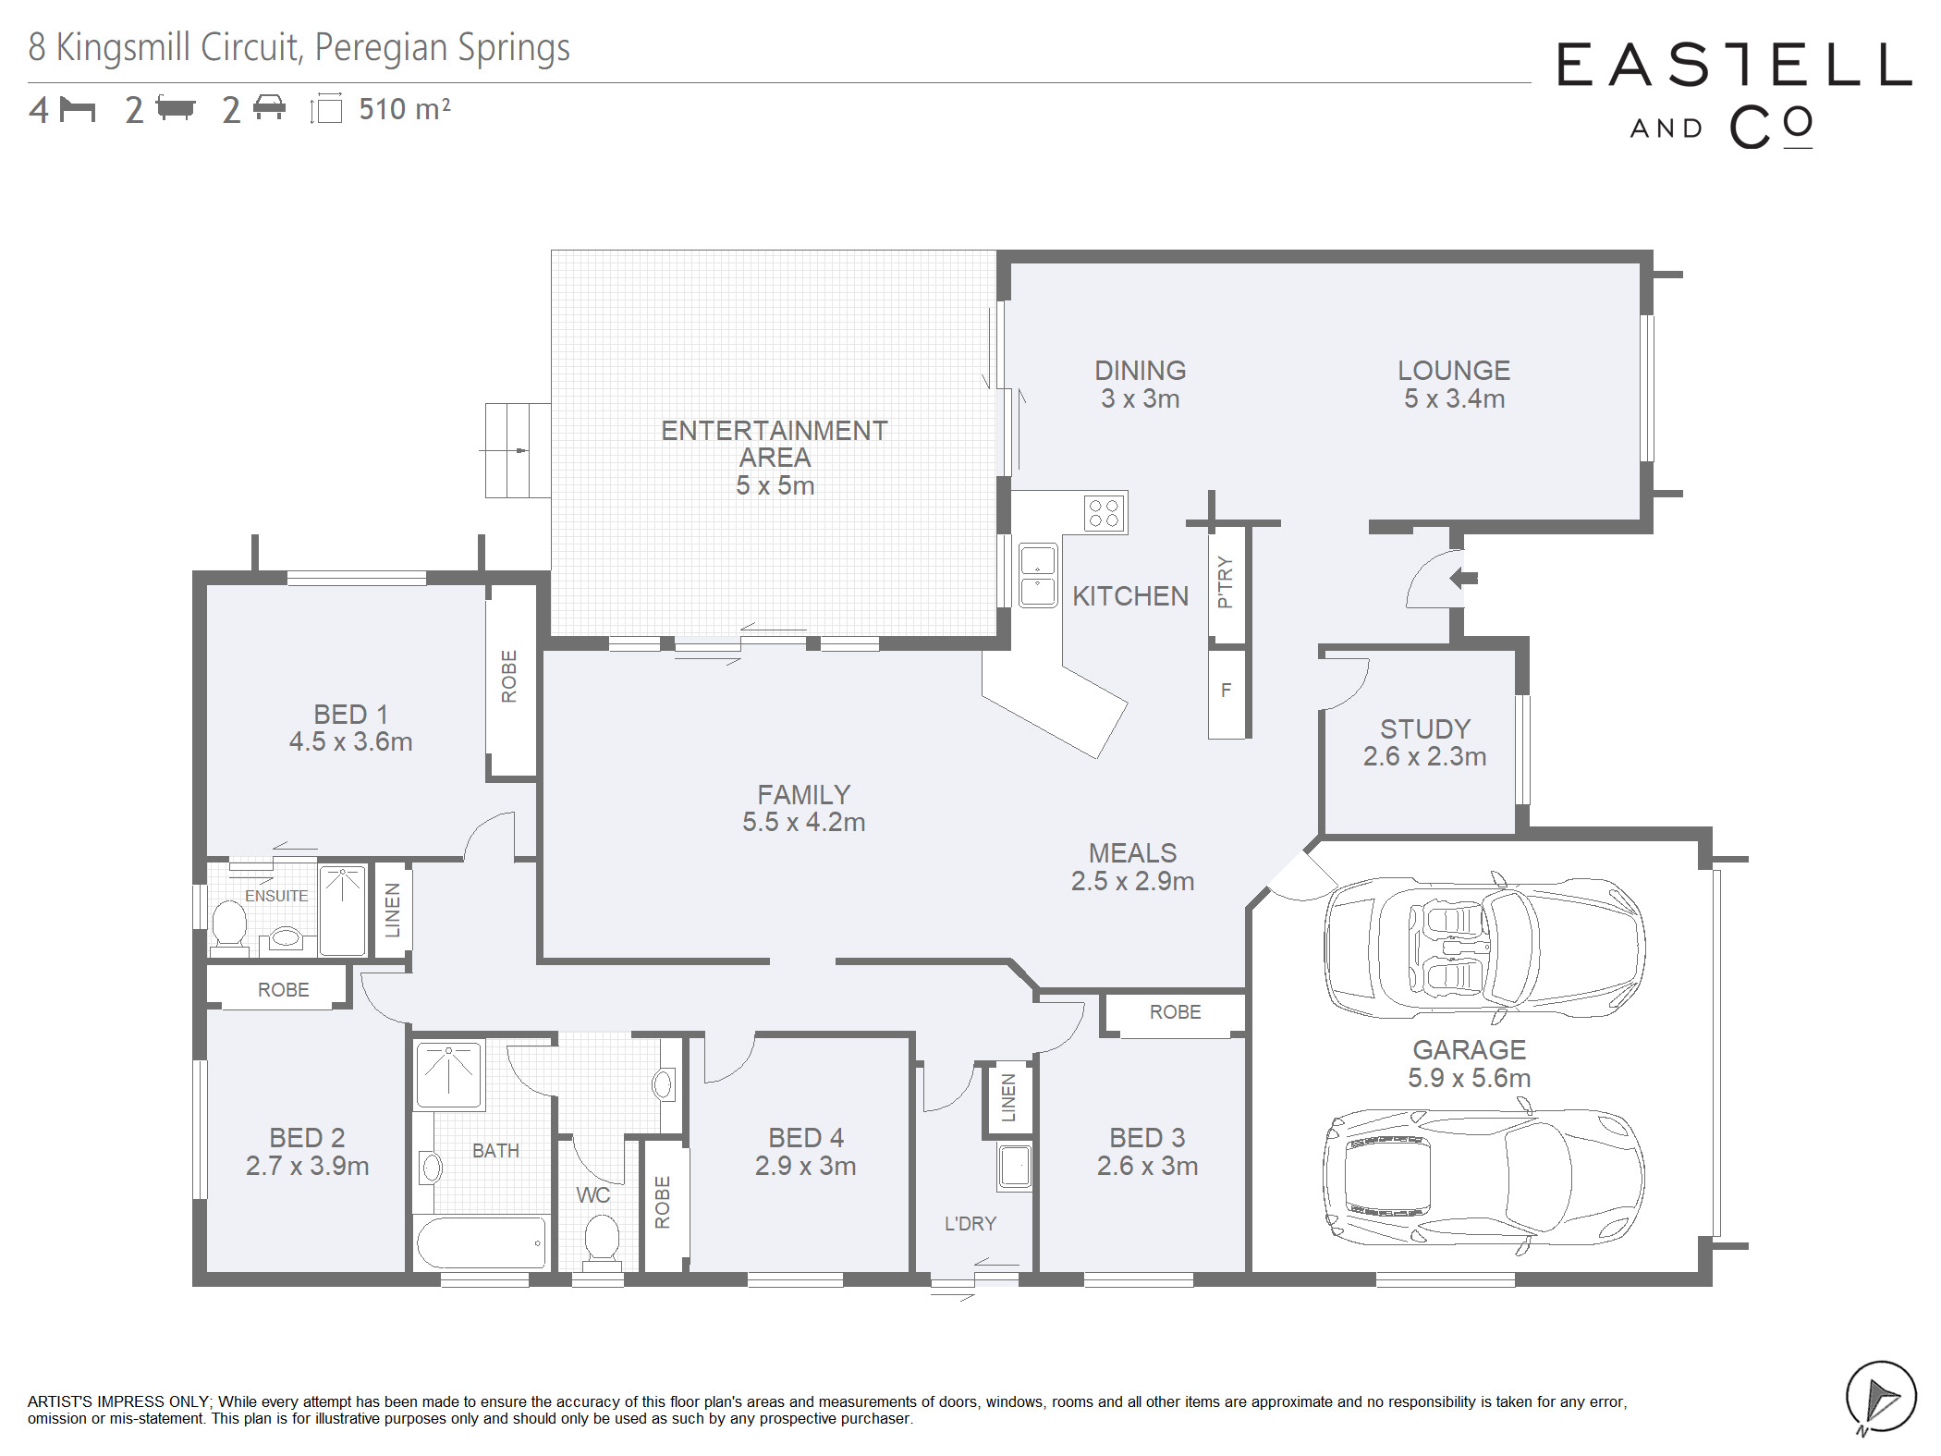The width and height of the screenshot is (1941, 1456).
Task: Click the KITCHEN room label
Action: click(1129, 596)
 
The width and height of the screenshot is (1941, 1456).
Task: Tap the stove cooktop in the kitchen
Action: click(1104, 512)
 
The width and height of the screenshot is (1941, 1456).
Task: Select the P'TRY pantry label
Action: click(1226, 581)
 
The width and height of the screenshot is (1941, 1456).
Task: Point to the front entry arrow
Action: click(1463, 579)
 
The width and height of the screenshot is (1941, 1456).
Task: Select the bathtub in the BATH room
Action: click(481, 1242)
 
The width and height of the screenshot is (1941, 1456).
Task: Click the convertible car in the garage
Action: click(1484, 947)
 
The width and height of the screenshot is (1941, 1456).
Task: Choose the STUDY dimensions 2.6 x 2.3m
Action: click(1424, 756)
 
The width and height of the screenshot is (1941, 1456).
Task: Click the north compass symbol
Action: click(1880, 1397)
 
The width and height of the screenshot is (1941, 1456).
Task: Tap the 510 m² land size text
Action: click(405, 109)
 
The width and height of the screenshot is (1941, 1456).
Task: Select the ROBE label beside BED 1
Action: click(508, 676)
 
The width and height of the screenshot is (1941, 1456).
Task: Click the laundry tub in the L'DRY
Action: click(1014, 1167)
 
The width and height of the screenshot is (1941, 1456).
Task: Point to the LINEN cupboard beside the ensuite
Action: click(392, 910)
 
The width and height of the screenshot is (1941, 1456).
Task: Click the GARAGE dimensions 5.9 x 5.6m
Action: click(1469, 1078)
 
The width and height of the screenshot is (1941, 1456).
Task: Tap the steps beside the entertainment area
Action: click(519, 450)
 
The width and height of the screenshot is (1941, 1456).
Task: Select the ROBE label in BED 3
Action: click(1175, 1012)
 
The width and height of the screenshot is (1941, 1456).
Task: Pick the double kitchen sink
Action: click(1037, 575)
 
